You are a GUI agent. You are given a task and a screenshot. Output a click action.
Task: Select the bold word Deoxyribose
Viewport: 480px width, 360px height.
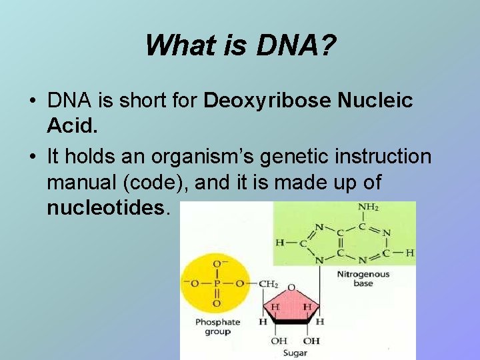pyautogui.click(x=266, y=101)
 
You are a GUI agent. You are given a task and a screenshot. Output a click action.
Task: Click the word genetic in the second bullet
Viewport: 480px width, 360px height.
pyautogui.click(x=287, y=157)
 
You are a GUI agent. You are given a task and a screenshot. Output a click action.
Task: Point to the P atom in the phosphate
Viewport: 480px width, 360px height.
pyautogui.click(x=217, y=284)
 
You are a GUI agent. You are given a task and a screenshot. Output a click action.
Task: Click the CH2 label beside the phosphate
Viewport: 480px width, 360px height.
pyautogui.click(x=267, y=285)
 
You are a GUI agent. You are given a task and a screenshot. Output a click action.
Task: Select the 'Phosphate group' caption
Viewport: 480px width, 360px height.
pyautogui.click(x=217, y=327)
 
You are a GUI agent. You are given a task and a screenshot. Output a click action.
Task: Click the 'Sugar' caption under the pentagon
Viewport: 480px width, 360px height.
pyautogui.click(x=295, y=352)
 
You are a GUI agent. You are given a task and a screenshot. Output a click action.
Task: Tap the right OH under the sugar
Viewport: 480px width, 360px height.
pyautogui.click(x=311, y=341)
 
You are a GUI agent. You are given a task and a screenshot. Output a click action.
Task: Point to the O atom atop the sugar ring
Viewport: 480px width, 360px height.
pyautogui.click(x=291, y=287)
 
